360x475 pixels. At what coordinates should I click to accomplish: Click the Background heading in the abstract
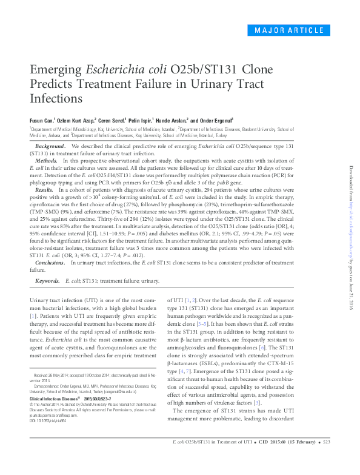click(x=50, y=147)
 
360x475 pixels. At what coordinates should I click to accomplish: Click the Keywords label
click(x=47, y=281)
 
